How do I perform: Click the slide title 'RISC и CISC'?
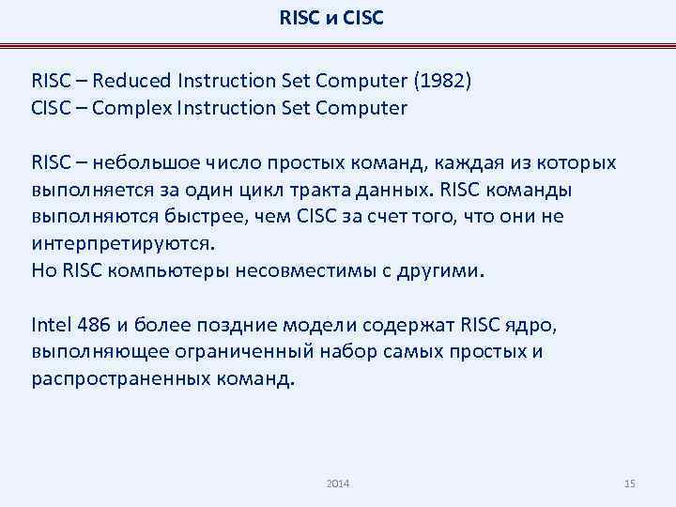[x=331, y=17]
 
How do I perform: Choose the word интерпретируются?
[x=122, y=244]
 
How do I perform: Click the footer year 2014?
[x=338, y=483]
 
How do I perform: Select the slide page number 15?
[x=629, y=483]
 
